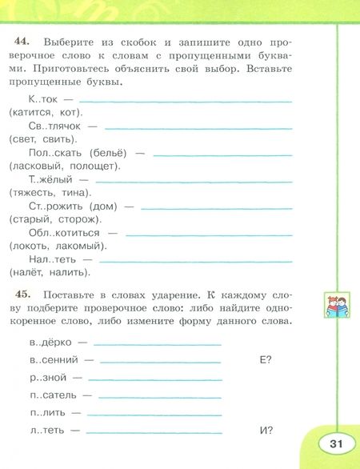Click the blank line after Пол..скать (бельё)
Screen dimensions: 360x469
point(222,154)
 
